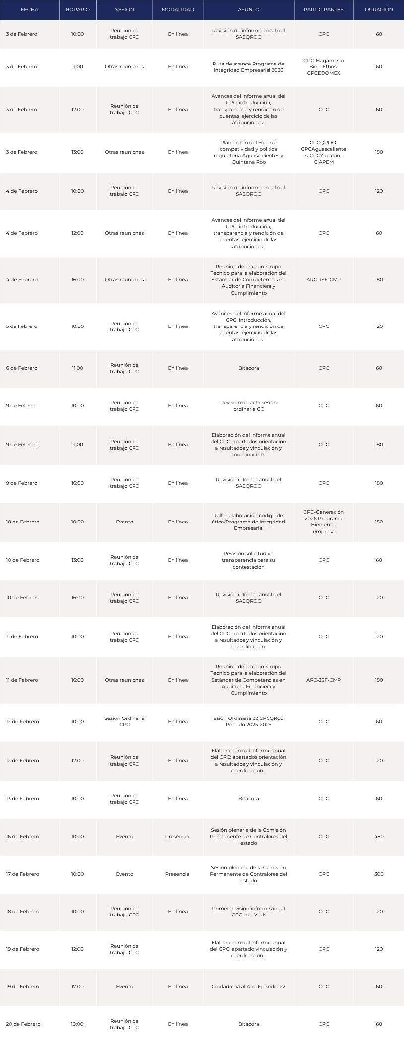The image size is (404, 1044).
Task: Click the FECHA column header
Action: (x=29, y=10)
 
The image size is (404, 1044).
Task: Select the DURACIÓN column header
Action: (x=378, y=10)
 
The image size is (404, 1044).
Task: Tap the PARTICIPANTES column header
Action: (x=323, y=10)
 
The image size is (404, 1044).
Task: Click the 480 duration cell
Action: (x=378, y=836)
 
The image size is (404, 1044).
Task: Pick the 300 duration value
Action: (x=378, y=874)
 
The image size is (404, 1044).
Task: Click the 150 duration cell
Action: (x=378, y=522)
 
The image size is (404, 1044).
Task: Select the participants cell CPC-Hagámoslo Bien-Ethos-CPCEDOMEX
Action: (x=323, y=67)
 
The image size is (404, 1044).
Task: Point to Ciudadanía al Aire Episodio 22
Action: (x=248, y=986)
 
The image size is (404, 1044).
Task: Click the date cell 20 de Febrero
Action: (x=23, y=1024)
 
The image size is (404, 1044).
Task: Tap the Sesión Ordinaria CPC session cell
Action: (x=124, y=721)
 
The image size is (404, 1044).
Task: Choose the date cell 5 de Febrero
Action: (x=21, y=326)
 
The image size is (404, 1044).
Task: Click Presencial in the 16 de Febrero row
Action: (x=178, y=836)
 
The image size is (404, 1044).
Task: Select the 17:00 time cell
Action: (x=77, y=986)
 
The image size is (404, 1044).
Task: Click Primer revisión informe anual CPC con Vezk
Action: (x=248, y=911)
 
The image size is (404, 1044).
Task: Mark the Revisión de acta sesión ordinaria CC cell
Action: (x=248, y=405)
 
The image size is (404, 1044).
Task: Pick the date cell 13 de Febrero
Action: (x=22, y=798)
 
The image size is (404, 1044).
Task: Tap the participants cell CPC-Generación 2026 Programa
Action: (x=323, y=522)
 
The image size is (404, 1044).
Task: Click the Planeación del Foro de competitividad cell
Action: (x=248, y=152)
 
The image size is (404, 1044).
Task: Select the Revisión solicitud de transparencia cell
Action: (x=248, y=560)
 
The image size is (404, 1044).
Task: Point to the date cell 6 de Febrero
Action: (x=21, y=368)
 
